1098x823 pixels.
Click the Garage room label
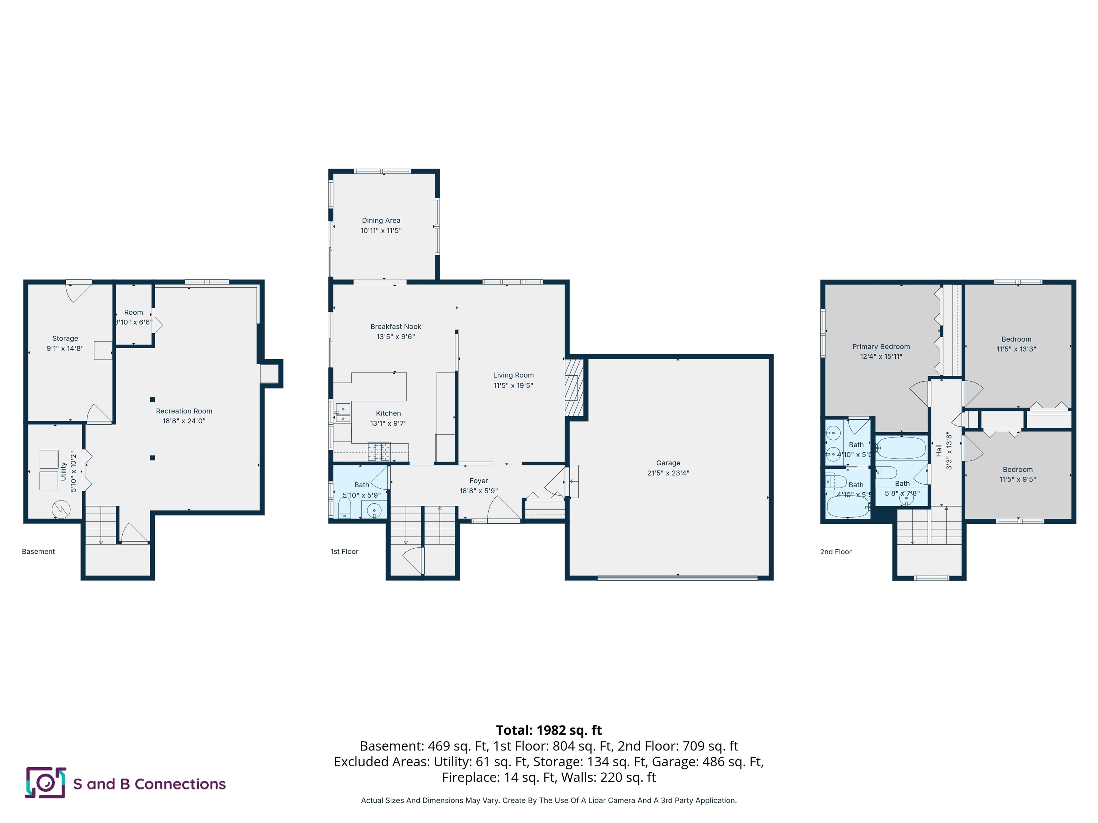click(668, 462)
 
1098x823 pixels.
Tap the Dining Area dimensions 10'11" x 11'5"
click(381, 230)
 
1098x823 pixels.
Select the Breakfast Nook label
click(396, 326)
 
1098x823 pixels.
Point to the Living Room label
click(513, 375)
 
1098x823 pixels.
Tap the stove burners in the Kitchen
click(378, 452)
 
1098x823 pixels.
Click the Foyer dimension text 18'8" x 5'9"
click(479, 491)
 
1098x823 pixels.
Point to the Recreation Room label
click(184, 411)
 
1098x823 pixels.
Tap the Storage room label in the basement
click(65, 338)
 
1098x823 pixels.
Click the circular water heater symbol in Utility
click(61, 509)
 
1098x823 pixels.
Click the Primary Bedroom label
click(881, 346)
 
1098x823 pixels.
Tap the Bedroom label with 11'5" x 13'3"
click(1016, 339)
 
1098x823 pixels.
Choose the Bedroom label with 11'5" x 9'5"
click(1017, 469)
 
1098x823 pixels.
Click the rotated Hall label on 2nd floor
click(939, 450)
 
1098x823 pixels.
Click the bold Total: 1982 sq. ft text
click(549, 730)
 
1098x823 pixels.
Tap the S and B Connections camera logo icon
click(45, 783)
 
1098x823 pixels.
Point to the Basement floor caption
click(38, 552)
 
